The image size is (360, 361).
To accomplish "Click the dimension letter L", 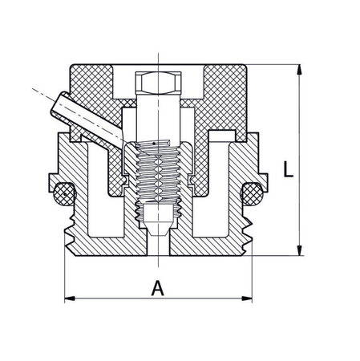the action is [x=288, y=169].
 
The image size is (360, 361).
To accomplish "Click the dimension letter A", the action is [x=158, y=288].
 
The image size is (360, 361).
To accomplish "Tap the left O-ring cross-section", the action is [x=64, y=194].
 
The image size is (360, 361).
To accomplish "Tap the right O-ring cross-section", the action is [x=252, y=194].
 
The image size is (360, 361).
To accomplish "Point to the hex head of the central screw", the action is [x=158, y=83].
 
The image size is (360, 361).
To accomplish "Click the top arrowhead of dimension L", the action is [x=300, y=70].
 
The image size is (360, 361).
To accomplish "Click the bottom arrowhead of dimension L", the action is [x=300, y=250].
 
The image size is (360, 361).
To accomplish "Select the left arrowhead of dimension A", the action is [x=70, y=298].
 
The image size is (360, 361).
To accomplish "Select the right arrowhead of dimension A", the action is [x=247, y=298].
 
